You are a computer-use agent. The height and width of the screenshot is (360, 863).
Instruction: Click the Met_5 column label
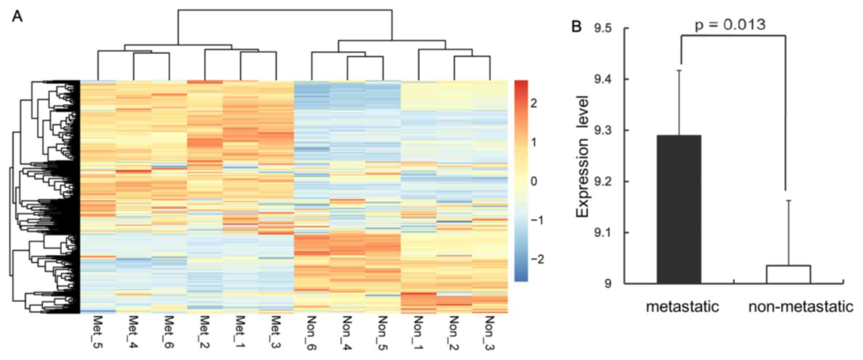point(97,332)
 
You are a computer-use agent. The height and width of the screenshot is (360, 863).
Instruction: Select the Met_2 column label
point(205,332)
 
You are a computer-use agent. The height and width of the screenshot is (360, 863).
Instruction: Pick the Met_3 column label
point(276,332)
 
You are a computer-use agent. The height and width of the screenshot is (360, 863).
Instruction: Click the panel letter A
point(18,17)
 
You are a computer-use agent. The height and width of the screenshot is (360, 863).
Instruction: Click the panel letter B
point(576,26)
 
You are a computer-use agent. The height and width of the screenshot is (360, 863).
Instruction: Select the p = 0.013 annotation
point(730,24)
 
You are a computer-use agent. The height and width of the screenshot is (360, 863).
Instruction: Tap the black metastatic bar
point(679,209)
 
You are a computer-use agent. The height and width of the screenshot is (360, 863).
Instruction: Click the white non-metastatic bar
point(788,274)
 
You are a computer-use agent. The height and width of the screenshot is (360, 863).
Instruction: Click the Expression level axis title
point(583,156)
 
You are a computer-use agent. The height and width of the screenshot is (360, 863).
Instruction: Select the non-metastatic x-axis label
point(801,306)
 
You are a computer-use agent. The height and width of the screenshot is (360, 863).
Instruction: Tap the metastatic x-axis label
point(682,306)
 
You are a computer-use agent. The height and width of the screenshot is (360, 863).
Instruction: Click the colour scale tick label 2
point(534,103)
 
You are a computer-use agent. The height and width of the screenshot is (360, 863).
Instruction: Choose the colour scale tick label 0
point(534,181)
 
